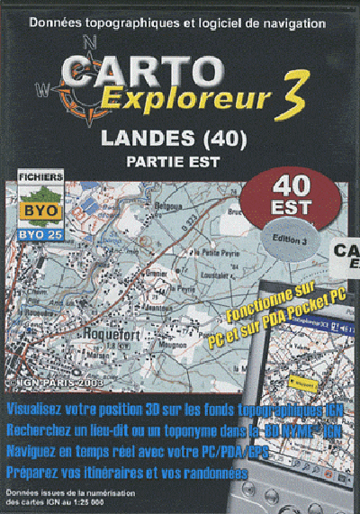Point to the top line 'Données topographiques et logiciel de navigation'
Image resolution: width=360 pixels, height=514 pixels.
[x=179, y=17]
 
